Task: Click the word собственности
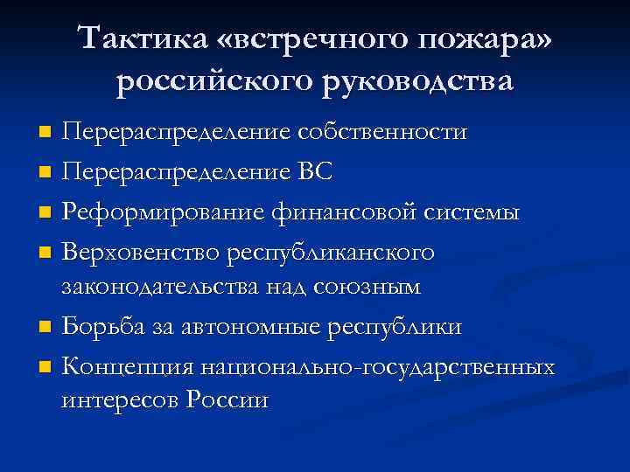click(x=382, y=132)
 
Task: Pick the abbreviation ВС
click(x=315, y=172)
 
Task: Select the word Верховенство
click(x=142, y=252)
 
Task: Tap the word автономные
click(x=251, y=326)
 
